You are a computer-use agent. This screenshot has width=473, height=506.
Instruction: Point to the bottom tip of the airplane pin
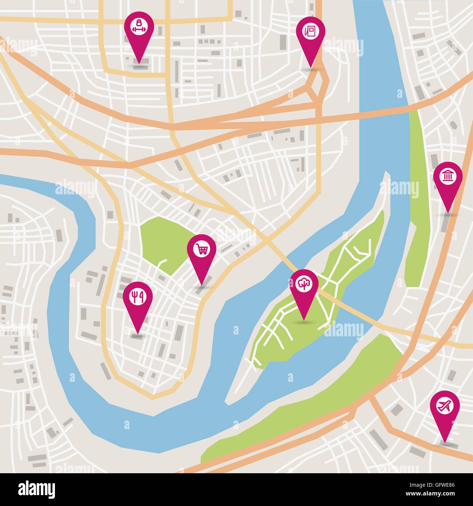click(445, 442)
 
